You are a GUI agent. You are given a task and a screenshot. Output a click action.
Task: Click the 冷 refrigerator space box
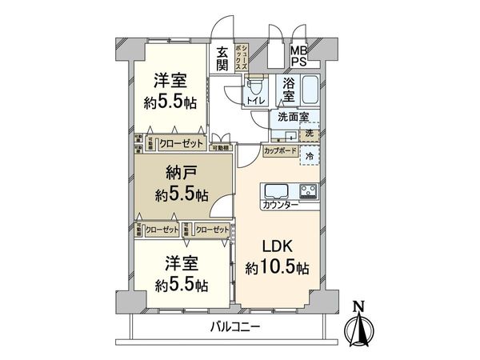pos(310,154)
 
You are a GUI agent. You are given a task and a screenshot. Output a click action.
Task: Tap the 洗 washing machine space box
pos(310,131)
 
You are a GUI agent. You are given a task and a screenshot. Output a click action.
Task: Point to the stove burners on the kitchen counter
pos(308,191)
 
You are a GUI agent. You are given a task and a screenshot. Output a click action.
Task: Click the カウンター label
pos(280,206)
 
